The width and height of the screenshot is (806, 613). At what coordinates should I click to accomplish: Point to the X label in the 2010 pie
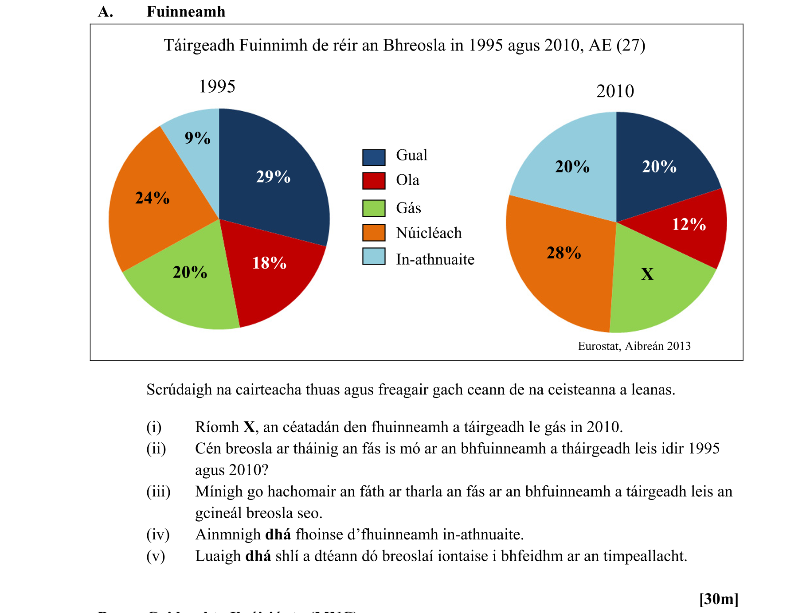[x=647, y=274]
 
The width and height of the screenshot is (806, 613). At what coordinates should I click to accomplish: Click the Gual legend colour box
[x=374, y=157]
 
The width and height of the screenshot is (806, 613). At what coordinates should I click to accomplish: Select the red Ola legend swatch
[x=374, y=181]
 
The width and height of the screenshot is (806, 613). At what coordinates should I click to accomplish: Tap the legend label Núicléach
[x=429, y=233]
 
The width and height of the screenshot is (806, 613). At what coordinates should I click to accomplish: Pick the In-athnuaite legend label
[x=435, y=259]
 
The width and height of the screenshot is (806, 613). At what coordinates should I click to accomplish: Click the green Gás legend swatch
[x=374, y=208]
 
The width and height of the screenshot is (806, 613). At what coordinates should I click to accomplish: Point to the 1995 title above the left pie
[x=217, y=86]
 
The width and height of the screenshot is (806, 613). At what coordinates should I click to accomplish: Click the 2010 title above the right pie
[x=615, y=91]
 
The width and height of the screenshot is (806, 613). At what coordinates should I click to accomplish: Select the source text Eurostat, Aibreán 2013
[x=634, y=346]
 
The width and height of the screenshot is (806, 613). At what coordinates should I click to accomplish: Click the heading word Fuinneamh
[x=186, y=12]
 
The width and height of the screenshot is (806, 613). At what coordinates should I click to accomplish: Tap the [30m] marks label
[x=719, y=599]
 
